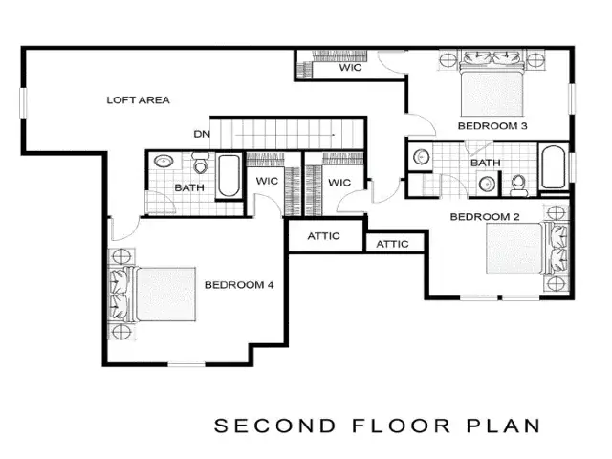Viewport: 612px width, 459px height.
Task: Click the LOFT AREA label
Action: pyautogui.click(x=138, y=100)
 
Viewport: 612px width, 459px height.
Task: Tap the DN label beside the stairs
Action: pyautogui.click(x=202, y=134)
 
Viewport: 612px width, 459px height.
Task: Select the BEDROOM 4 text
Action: pyautogui.click(x=239, y=285)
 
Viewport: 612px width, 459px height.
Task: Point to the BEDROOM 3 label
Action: pyautogui.click(x=492, y=126)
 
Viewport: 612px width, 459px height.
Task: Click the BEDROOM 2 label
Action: pyautogui.click(x=485, y=217)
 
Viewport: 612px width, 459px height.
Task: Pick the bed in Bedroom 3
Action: pyautogui.click(x=492, y=84)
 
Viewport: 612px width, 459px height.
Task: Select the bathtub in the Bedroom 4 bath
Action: pyautogui.click(x=229, y=176)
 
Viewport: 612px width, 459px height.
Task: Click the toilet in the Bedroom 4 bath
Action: pyautogui.click(x=201, y=163)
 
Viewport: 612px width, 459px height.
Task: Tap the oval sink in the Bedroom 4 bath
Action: pyautogui.click(x=164, y=161)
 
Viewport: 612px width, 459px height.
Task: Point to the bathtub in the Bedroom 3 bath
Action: pyautogui.click(x=553, y=167)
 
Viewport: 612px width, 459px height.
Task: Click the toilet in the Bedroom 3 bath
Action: pyautogui.click(x=518, y=186)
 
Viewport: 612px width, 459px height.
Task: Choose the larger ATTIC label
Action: pyautogui.click(x=323, y=236)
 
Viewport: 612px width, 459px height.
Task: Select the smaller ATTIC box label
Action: pyautogui.click(x=392, y=245)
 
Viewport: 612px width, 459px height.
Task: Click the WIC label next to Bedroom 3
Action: pyautogui.click(x=350, y=68)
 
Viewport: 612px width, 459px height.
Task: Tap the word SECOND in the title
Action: pyautogui.click(x=275, y=426)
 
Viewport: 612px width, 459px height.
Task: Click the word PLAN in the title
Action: pyautogui.click(x=504, y=426)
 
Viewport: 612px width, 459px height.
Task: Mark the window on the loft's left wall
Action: pyautogui.click(x=24, y=102)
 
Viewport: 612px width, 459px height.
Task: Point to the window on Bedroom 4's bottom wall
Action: pyautogui.click(x=186, y=363)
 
